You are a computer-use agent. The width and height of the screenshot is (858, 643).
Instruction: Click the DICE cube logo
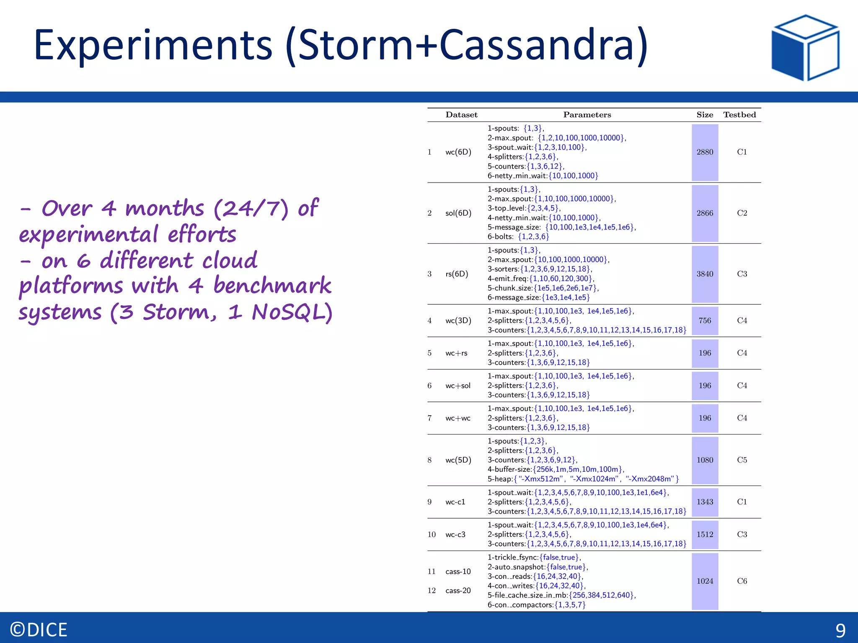point(805,48)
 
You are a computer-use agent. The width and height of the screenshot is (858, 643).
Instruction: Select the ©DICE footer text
point(39,630)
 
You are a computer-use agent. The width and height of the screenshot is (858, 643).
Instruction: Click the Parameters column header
point(587,115)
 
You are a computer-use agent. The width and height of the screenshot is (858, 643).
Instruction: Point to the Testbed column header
point(739,115)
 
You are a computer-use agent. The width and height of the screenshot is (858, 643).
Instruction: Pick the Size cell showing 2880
point(705,152)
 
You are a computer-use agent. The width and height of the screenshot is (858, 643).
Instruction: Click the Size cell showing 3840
point(705,274)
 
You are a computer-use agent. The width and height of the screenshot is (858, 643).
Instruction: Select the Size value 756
point(705,321)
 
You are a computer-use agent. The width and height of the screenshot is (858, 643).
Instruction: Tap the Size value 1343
point(705,502)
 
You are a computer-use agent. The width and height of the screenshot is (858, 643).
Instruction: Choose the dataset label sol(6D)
point(458,213)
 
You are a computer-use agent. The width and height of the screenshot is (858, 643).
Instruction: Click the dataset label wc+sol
point(457,386)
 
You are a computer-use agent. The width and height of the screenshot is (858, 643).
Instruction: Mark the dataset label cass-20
point(457,591)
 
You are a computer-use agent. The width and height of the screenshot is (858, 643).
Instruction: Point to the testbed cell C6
point(742,581)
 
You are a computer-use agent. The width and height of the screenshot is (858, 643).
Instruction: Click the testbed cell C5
point(742,460)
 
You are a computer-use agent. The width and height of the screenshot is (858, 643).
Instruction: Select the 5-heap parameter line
point(582,479)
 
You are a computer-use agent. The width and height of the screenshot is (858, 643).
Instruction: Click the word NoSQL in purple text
point(292,312)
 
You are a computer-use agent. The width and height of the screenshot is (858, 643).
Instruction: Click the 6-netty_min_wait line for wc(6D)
point(543,176)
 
